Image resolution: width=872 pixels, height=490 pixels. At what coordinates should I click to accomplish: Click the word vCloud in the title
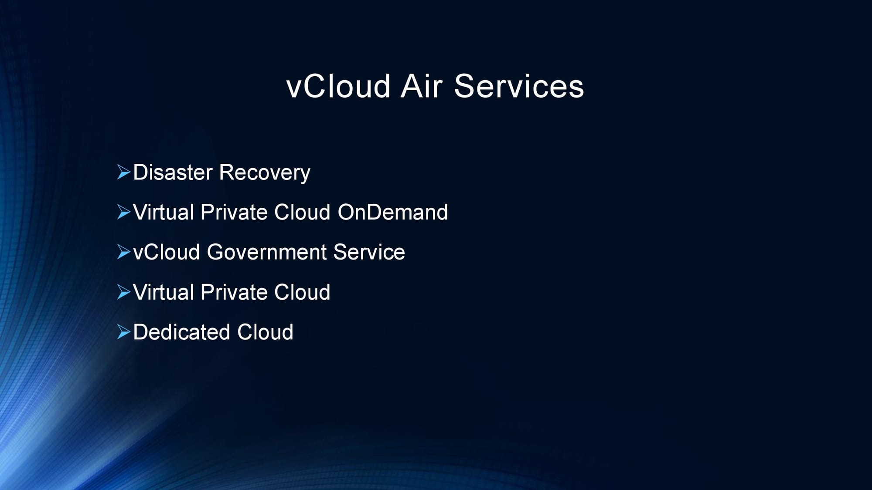338,86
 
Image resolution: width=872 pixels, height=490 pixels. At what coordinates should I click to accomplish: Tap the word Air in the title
422,86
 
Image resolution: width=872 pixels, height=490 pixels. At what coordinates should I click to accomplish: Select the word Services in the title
519,86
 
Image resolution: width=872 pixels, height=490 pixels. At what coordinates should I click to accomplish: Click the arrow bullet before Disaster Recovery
124,172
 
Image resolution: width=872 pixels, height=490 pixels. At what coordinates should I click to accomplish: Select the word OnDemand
392,213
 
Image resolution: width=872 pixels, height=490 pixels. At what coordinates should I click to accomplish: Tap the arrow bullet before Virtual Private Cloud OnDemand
124,212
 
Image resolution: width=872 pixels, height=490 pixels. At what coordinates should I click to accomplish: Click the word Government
266,252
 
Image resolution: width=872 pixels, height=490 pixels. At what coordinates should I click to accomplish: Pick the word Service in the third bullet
369,252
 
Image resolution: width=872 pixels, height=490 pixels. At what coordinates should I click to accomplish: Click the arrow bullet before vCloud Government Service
124,252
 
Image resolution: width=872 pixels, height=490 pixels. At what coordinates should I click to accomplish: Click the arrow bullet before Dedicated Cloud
124,332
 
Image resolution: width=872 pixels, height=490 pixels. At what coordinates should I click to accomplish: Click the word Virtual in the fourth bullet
163,292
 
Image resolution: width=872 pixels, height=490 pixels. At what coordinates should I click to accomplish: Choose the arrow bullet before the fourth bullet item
124,292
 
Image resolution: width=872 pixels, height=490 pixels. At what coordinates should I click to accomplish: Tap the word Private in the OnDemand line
234,213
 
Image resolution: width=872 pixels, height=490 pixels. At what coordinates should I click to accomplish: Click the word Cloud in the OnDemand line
302,213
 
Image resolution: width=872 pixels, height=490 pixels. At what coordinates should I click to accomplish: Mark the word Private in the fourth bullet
234,292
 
